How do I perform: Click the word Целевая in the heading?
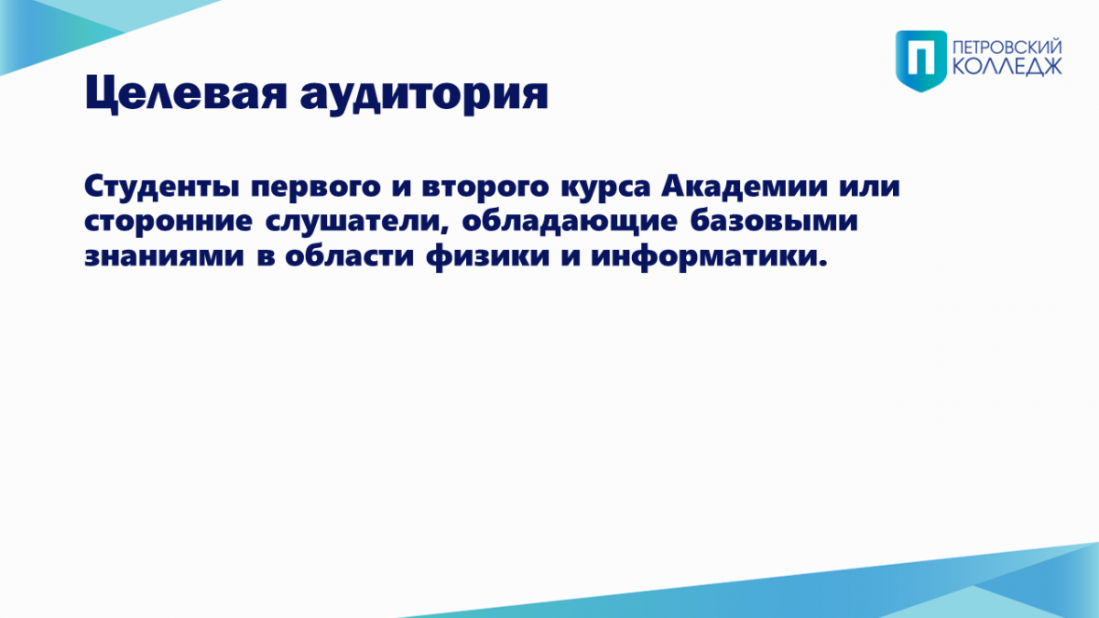[186, 93]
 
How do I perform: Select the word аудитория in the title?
[424, 94]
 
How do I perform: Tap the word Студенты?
[162, 188]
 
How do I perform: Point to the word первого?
[316, 189]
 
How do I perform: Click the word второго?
[485, 189]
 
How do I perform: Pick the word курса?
[605, 189]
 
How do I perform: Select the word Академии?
[745, 187]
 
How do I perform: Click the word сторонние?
[169, 222]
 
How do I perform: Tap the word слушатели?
[354, 222]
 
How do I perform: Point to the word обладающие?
[570, 222]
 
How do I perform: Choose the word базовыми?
[774, 221]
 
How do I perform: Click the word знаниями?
[164, 256]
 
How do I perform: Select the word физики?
[487, 256]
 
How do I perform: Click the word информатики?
[709, 256]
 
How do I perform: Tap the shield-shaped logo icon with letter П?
[921, 60]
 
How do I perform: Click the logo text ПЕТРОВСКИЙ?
[1007, 48]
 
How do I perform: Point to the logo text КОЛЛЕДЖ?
[1007, 67]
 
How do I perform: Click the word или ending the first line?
[869, 188]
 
